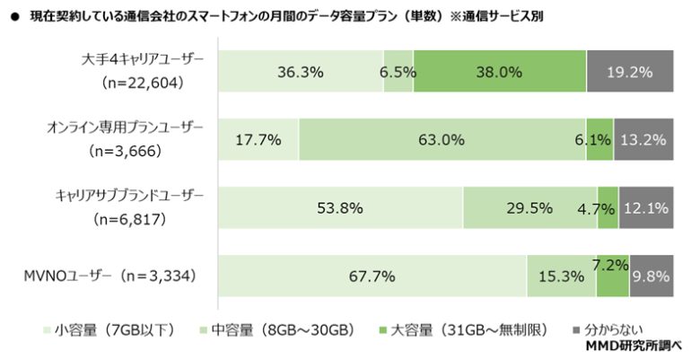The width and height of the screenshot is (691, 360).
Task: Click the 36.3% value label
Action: [x=301, y=73]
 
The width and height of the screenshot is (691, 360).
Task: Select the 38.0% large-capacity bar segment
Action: [x=500, y=73]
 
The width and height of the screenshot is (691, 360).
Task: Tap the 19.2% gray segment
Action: [x=630, y=73]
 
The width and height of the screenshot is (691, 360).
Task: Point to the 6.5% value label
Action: [x=398, y=73]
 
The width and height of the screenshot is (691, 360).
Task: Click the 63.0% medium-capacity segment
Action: [x=442, y=140]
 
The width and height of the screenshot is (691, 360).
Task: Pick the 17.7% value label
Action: [x=258, y=140]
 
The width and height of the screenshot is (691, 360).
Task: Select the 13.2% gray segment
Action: [x=643, y=140]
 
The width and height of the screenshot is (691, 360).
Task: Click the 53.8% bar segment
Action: [x=340, y=208]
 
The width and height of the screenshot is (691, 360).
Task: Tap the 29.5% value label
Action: [x=529, y=208]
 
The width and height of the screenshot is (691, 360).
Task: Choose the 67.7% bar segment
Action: [x=372, y=276]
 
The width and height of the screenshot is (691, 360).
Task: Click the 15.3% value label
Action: [x=561, y=276]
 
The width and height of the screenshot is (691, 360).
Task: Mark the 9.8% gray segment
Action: [x=651, y=276]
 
